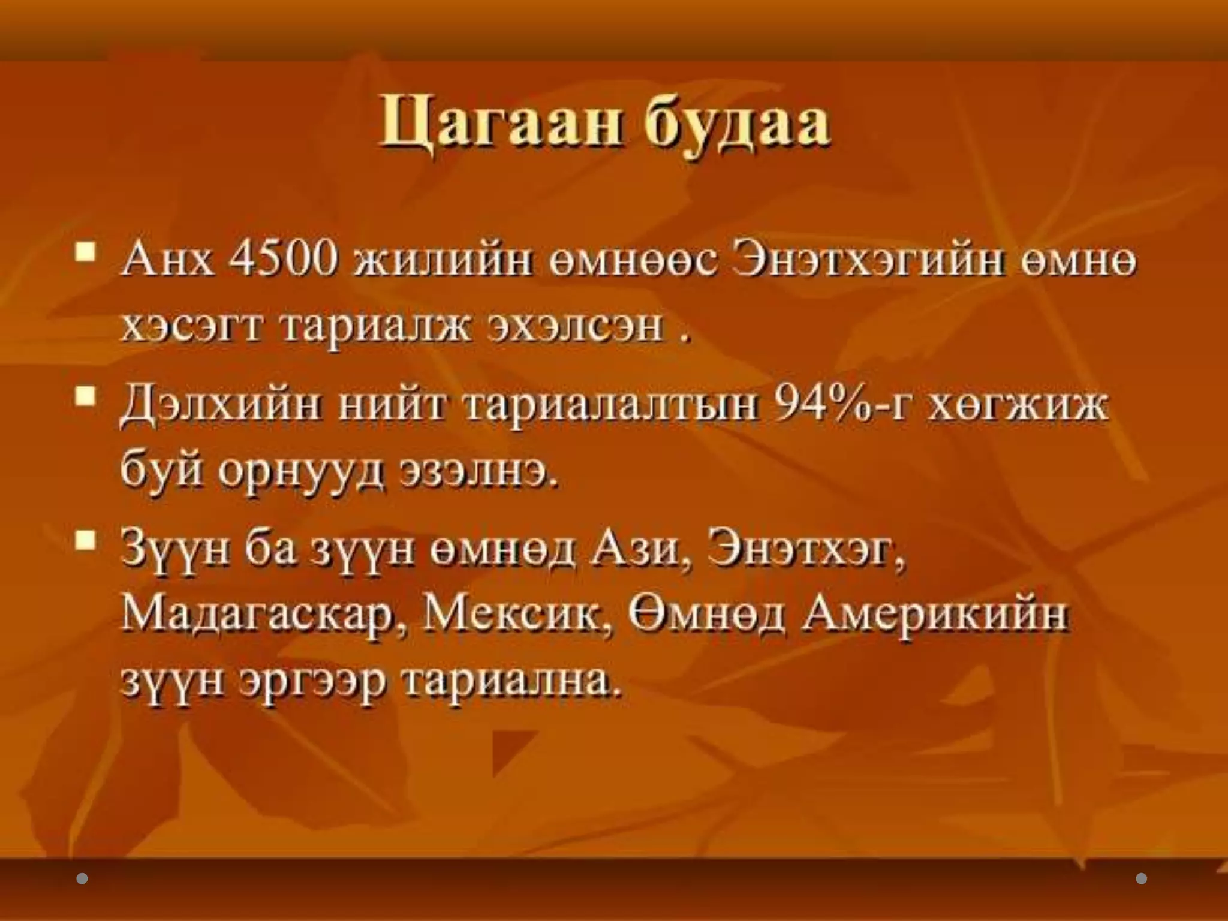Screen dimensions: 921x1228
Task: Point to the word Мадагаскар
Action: [260, 616]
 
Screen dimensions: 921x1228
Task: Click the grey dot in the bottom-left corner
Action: [83, 879]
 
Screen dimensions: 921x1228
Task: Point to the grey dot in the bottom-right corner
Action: [1142, 879]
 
